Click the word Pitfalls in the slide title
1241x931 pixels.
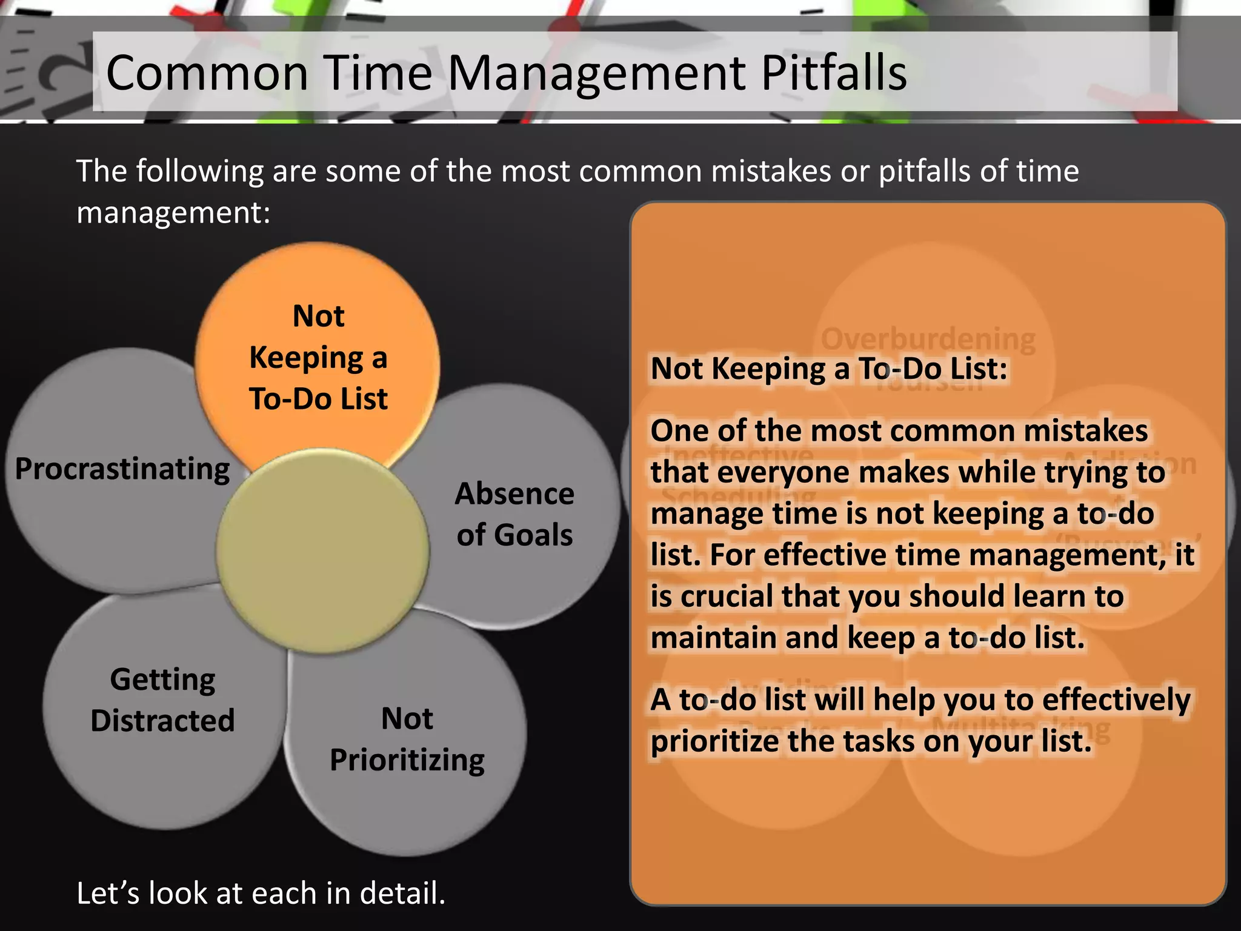833,73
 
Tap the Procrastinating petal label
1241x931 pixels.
122,469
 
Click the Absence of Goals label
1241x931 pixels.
514,514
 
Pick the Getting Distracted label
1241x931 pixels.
162,699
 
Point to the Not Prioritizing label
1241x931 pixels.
407,739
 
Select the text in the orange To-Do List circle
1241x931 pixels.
318,358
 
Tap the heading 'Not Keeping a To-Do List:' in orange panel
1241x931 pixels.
828,369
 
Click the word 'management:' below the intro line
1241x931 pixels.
173,213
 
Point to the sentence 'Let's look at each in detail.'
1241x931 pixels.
261,893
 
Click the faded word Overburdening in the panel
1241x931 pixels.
928,339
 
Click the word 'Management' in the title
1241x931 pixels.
597,73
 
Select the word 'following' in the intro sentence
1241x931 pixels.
199,172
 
